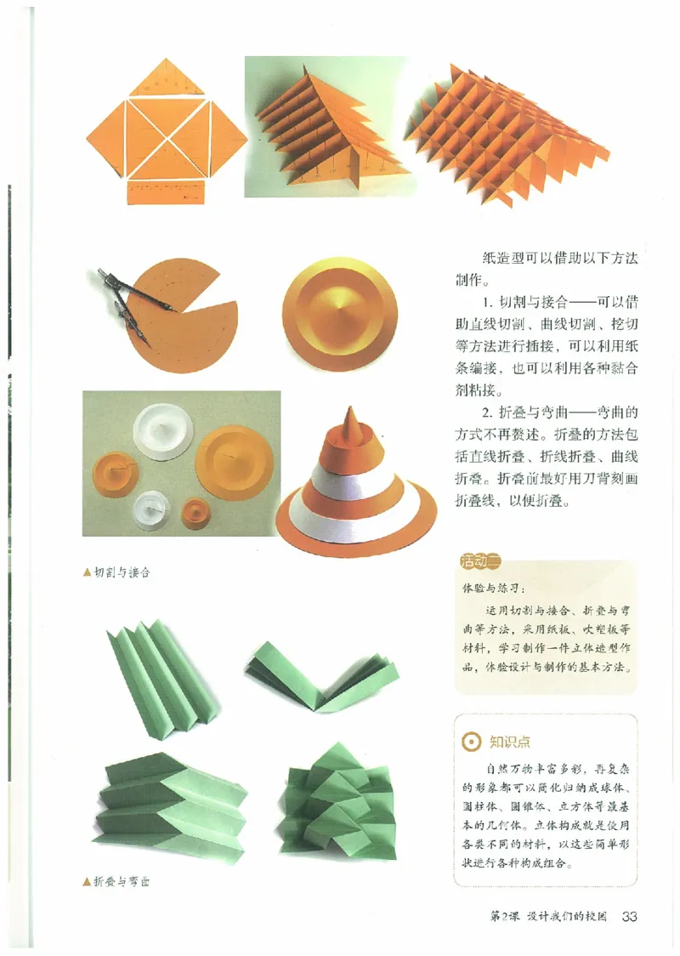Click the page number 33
630,917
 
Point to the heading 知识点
510,741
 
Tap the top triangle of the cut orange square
167,79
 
